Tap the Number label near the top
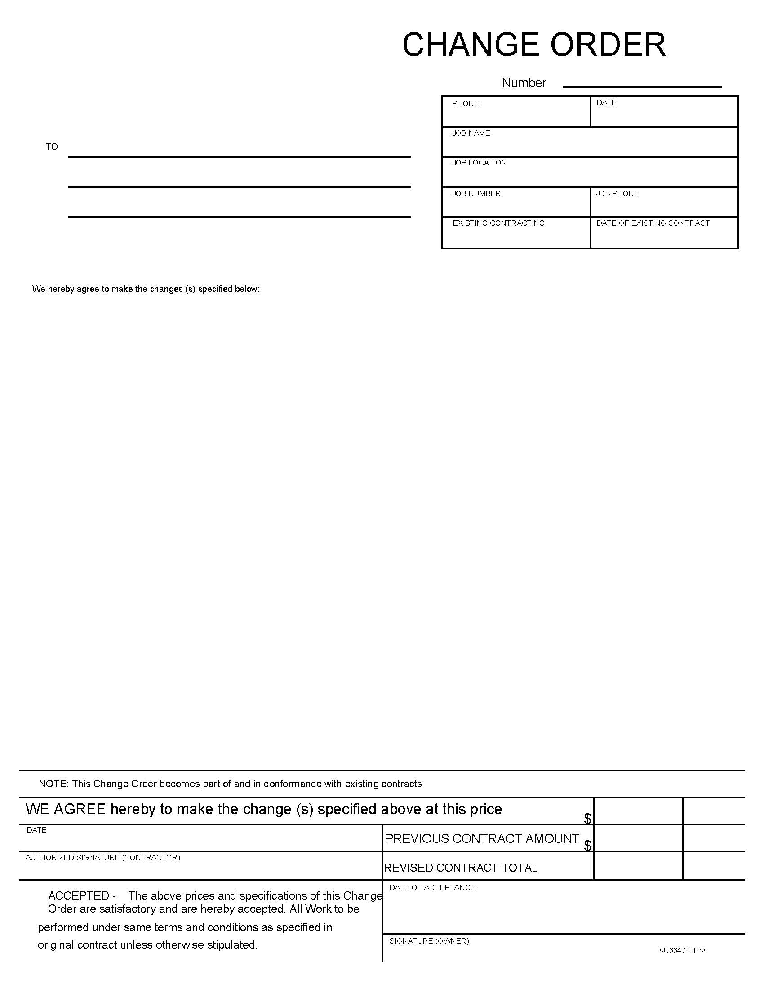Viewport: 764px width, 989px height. coord(524,83)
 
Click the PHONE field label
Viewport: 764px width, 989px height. coord(465,104)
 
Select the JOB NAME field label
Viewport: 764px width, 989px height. coord(471,134)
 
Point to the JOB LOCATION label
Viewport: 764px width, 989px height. coord(479,163)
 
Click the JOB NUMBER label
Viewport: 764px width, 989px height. coord(475,194)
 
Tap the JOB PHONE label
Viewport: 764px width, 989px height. coord(617,194)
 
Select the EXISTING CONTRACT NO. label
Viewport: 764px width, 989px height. coord(499,223)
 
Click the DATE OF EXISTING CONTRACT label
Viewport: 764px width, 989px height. coord(653,223)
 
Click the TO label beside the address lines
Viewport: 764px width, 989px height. coord(52,147)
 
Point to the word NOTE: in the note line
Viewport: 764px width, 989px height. coord(54,784)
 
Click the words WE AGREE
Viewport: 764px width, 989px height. coord(65,809)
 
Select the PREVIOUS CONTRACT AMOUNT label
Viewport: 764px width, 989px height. coord(482,839)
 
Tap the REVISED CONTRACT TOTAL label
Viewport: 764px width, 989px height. coord(460,868)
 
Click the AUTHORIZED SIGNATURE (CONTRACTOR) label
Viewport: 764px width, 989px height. coord(102,857)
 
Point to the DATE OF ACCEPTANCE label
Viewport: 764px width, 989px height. coord(432,887)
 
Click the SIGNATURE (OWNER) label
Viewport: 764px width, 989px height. coord(429,941)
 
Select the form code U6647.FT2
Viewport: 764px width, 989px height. coord(682,950)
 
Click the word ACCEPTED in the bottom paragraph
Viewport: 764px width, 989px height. coord(78,895)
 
